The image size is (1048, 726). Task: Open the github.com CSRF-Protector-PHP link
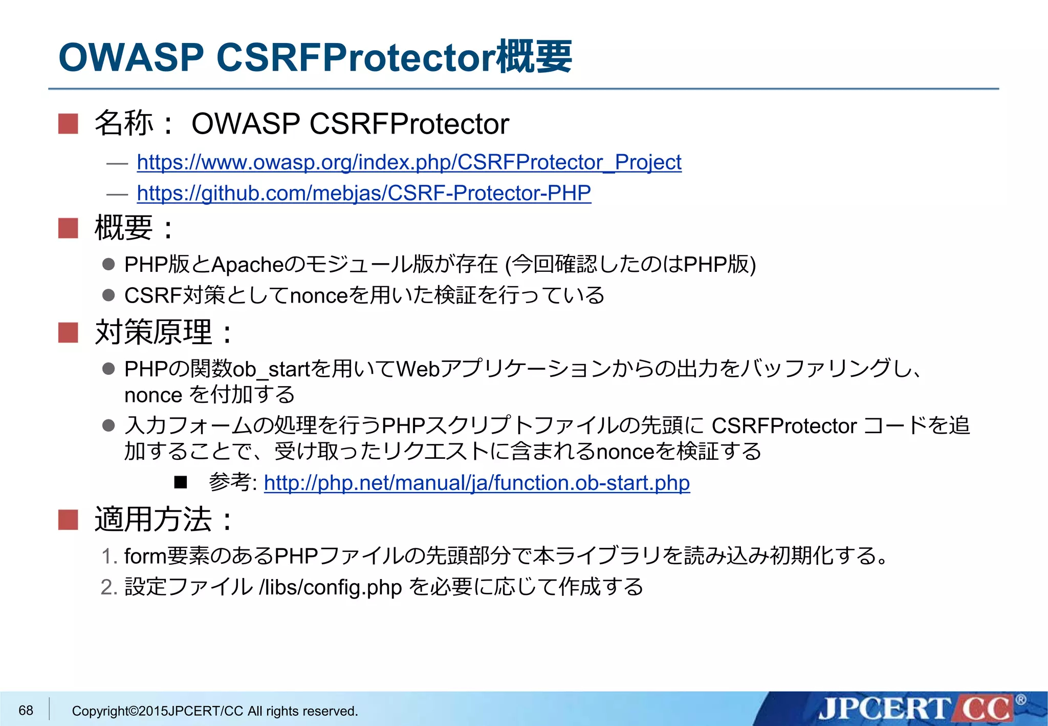click(x=363, y=193)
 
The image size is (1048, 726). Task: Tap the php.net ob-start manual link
click(x=476, y=483)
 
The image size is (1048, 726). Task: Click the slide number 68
click(x=26, y=710)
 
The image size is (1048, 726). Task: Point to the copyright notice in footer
click(x=214, y=711)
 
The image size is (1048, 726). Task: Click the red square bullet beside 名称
click(x=68, y=124)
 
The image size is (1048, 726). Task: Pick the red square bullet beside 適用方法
click(x=68, y=520)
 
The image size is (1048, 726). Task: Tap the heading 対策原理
click(x=154, y=332)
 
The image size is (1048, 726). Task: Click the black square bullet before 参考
click(x=181, y=482)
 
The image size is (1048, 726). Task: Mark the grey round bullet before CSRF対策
click(x=108, y=295)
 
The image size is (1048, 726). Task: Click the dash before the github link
click(x=117, y=194)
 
